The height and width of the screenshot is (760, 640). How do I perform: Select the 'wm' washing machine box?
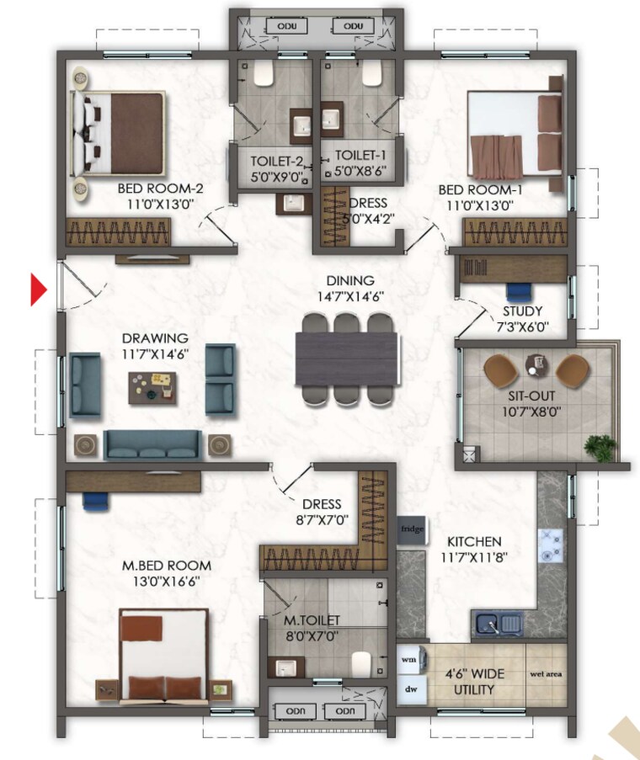coord(410,660)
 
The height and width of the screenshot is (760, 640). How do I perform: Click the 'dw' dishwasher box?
coord(410,689)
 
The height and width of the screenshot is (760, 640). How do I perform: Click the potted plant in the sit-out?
coord(600,446)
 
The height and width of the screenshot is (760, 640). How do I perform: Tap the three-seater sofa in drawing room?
coord(152,445)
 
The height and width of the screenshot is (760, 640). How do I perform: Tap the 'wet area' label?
coord(547,675)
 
